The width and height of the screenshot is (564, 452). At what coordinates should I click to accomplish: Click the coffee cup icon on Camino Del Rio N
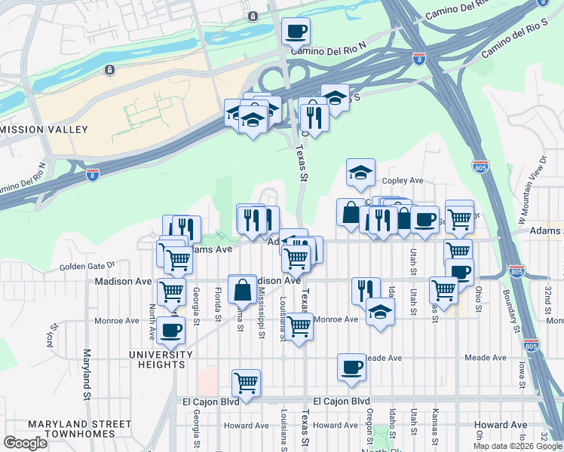(x=296, y=32)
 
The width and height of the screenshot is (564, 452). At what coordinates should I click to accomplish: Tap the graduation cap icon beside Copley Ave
(x=360, y=173)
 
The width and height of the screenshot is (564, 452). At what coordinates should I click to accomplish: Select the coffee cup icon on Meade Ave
(x=351, y=367)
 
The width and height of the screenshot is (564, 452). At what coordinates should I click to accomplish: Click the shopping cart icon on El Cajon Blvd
(x=246, y=383)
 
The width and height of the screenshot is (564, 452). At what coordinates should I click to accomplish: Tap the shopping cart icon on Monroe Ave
(x=299, y=326)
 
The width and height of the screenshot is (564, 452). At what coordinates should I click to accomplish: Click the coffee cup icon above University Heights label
(x=172, y=329)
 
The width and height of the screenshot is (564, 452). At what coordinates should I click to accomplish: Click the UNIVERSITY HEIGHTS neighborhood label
(x=156, y=359)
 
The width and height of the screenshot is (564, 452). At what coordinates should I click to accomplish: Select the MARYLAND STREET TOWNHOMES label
(x=58, y=428)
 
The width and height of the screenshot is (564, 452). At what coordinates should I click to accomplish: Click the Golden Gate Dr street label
(x=86, y=265)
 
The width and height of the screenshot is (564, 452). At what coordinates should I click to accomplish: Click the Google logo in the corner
(x=26, y=442)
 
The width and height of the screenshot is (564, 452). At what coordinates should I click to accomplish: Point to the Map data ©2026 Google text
(x=517, y=446)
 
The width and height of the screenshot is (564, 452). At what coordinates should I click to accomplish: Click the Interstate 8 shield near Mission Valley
(x=92, y=175)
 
